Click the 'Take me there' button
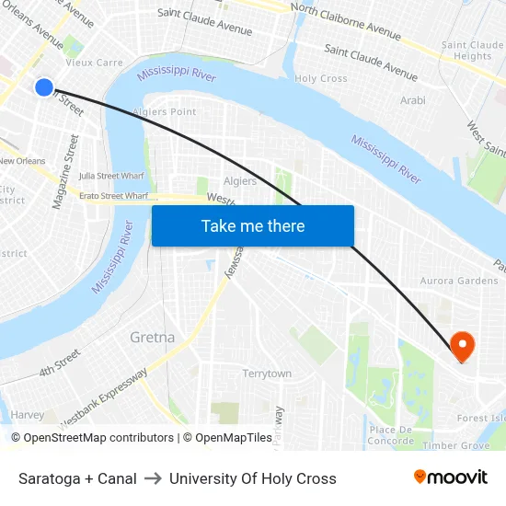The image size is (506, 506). pos(253,226)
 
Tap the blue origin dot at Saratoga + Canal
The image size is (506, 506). pos(44,87)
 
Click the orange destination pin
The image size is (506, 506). pos(461,346)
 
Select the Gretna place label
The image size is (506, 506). pos(152,337)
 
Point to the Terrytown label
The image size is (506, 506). pos(267,374)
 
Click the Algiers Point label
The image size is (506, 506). pos(164,112)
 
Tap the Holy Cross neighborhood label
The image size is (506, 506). pos(321,79)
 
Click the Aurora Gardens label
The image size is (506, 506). pos(458,281)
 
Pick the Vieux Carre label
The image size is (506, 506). pos(94,63)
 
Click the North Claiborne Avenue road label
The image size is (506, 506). pos(345,20)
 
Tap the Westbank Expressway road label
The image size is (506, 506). pos(103,397)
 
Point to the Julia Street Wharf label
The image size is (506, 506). pos(111,176)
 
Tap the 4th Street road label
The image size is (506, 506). pos(60,364)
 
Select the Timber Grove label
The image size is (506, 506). pos(456,445)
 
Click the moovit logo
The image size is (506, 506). pos(451,477)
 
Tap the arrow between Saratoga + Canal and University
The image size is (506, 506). pos(153,478)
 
